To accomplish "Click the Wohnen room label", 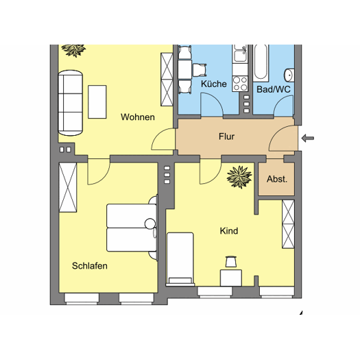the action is (x=138, y=117).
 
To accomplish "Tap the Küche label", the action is (x=214, y=84).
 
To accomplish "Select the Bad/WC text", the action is (x=274, y=89).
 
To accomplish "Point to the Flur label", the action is (x=226, y=136).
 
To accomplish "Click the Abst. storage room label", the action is (x=277, y=179).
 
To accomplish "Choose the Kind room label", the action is (x=229, y=230).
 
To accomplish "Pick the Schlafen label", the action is (x=90, y=265).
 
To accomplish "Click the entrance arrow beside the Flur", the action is (x=308, y=139).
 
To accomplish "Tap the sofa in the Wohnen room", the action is (x=70, y=103).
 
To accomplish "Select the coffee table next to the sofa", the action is (x=97, y=102).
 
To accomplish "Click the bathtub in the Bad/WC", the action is (x=261, y=63).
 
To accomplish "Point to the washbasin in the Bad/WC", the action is (x=289, y=75).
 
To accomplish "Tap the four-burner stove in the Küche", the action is (x=240, y=84).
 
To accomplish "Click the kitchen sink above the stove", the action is (x=240, y=54).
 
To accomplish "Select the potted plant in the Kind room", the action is (x=239, y=177).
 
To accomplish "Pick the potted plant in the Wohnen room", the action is (x=73, y=50).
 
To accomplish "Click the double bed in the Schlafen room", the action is (x=132, y=228).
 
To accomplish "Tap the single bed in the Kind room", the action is (x=180, y=259).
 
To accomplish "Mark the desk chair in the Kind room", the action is (x=231, y=262).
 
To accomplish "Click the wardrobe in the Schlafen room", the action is (x=68, y=187).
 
